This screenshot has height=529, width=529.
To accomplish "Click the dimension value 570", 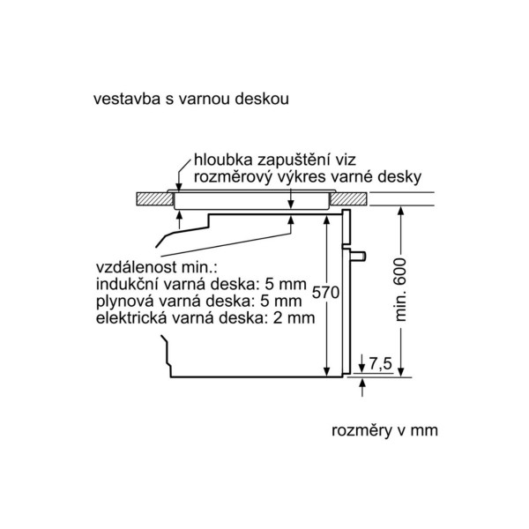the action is point(325,292).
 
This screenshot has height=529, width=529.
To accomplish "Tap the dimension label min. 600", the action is point(400,290).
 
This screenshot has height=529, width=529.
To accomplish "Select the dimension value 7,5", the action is point(380,363).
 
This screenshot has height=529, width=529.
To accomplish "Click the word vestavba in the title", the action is point(127,99).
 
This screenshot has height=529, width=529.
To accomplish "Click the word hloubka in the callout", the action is point(223,160).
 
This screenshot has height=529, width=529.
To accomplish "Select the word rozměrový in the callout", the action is point(233,177).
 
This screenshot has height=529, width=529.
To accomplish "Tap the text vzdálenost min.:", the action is point(157,267).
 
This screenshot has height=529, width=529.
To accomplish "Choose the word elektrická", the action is point(131,317).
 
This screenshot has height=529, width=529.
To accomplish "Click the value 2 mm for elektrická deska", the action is point(294,317).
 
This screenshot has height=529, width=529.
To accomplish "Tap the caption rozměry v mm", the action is point(384,430).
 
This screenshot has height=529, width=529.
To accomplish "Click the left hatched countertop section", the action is point(154,198).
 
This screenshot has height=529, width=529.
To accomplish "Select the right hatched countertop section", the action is point(348,198).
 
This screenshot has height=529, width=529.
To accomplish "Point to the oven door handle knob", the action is point(358,257).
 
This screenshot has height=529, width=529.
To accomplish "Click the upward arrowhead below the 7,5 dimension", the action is point(362,383).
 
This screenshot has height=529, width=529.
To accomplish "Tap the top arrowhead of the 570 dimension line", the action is point(326,220).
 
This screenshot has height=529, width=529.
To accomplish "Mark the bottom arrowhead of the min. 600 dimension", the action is point(400,372).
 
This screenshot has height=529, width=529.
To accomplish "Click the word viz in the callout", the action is point(346,160).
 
